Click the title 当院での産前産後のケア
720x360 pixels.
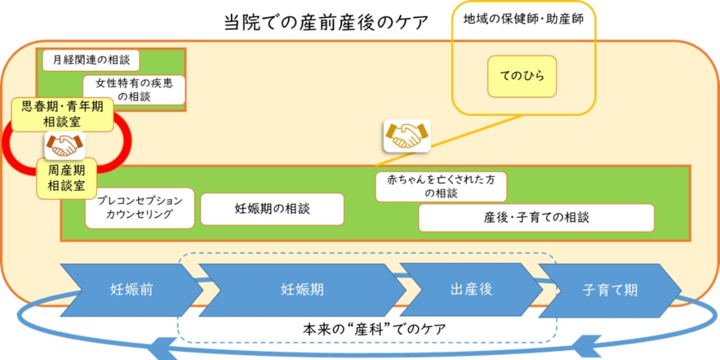326,23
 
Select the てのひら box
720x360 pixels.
521,76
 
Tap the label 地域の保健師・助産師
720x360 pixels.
523,19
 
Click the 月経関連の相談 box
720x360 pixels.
91,60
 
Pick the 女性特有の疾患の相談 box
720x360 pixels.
134,89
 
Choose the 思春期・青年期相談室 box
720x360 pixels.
62,114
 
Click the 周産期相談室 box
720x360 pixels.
66,178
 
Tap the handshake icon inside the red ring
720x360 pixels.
65,145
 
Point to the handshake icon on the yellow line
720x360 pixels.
407,135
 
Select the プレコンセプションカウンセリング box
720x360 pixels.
139,208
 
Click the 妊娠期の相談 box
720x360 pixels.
272,209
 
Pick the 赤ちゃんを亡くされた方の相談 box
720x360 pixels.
441,186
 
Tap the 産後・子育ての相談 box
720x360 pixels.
536,217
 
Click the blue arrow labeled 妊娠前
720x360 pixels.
131,290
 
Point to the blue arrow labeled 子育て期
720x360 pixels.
610,290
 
